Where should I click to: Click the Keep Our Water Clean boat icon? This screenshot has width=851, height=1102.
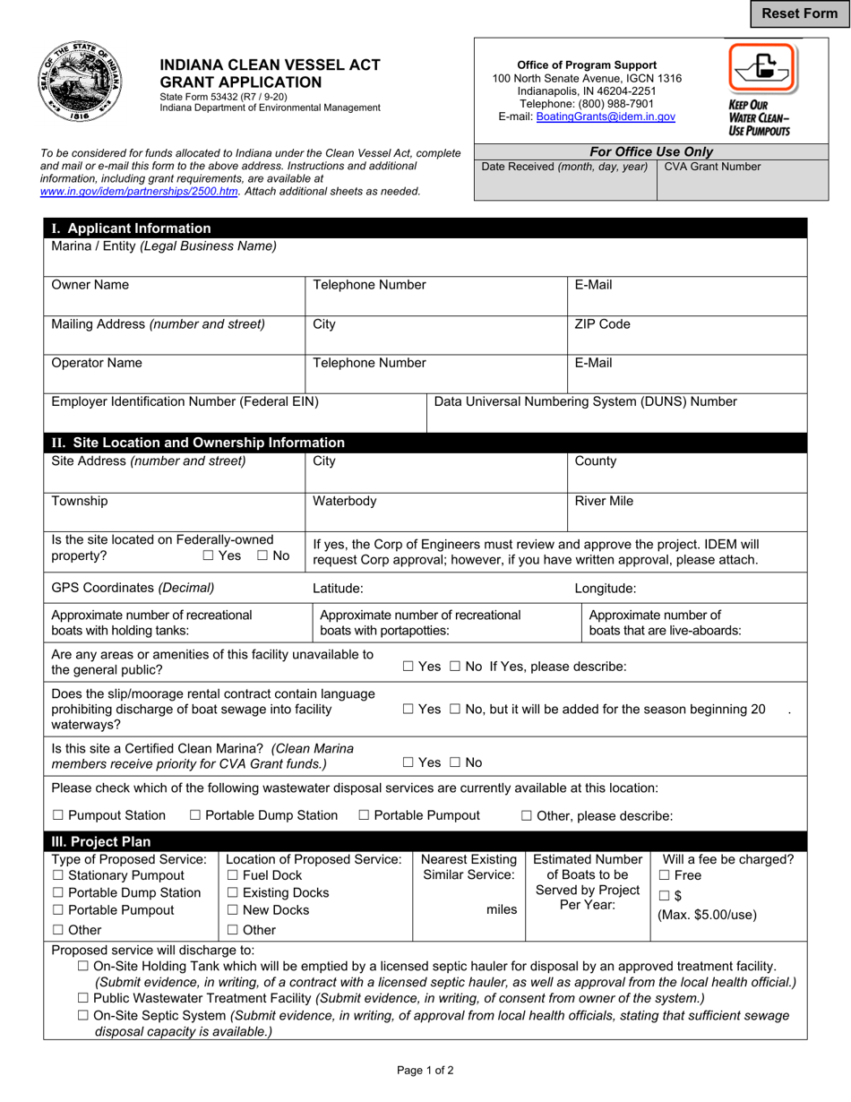pyautogui.click(x=762, y=67)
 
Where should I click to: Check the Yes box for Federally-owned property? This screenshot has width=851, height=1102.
pyautogui.click(x=209, y=555)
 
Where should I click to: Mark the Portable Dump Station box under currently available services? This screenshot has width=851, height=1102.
pyautogui.click(x=196, y=815)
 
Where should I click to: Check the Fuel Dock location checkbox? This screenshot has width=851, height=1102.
pyautogui.click(x=233, y=875)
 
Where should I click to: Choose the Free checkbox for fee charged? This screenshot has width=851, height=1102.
pyautogui.click(x=665, y=875)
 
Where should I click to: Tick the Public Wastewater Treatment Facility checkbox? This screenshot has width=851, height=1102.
pyautogui.click(x=83, y=998)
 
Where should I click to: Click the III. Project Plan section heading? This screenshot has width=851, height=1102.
pyautogui.click(x=101, y=841)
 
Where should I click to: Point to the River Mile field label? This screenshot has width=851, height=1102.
pyautogui.click(x=604, y=501)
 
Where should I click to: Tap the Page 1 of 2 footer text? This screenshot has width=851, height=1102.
pyautogui.click(x=425, y=1069)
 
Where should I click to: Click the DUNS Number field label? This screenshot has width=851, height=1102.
pyautogui.click(x=585, y=401)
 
